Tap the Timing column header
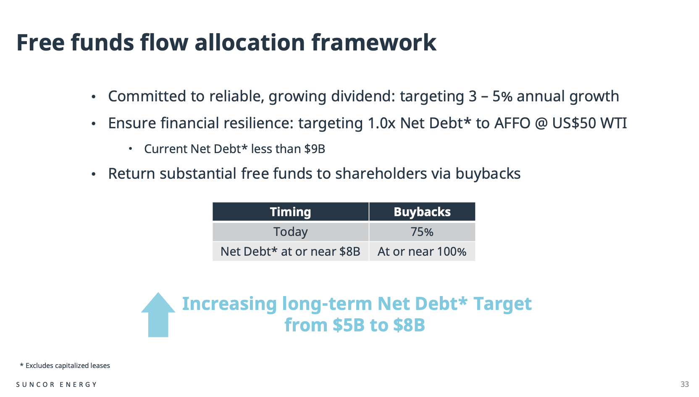point(291,212)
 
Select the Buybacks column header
point(422,212)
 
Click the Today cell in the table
point(291,232)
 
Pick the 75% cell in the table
point(422,232)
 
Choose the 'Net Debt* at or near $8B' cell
point(291,251)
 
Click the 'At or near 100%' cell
point(422,251)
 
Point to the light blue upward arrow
point(158,315)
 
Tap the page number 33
point(685,384)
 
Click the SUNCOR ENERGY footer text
point(56,384)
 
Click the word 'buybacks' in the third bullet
point(488,174)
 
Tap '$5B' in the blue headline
point(349,325)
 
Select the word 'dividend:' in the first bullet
point(363,96)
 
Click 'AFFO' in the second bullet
point(512,123)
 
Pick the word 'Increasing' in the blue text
point(229,304)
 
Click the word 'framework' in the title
point(374,42)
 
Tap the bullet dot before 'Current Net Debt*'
point(131,149)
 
